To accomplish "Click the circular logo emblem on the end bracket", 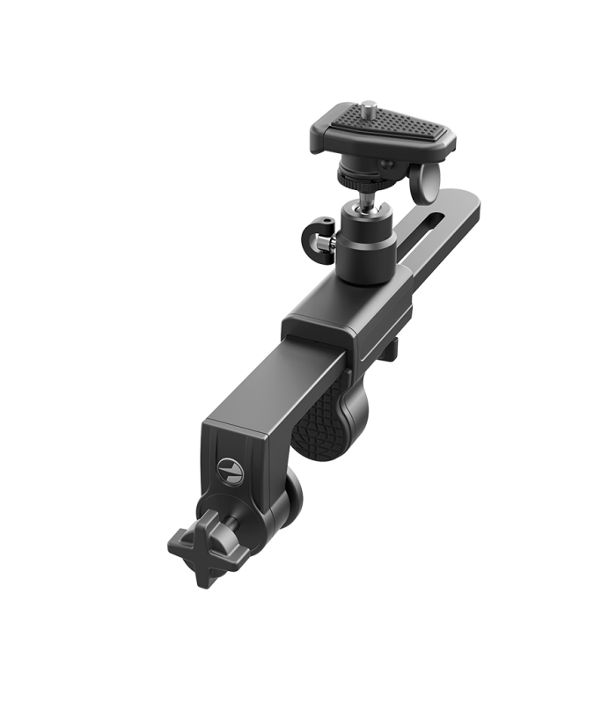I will click(228, 467).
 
